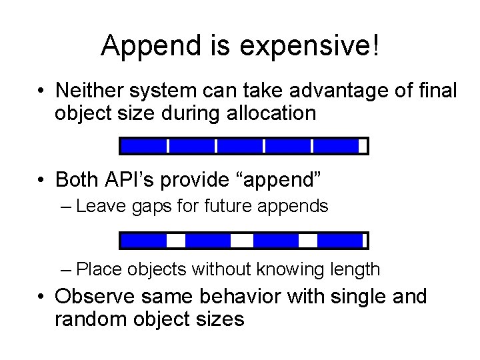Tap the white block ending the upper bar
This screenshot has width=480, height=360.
click(362, 146)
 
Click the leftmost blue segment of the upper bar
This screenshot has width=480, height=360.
click(143, 146)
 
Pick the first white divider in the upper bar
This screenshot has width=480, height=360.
click(167, 146)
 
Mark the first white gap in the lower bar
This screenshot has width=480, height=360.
click(175, 240)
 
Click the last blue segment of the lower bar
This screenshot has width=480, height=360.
click(339, 240)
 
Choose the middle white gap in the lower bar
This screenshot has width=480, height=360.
click(242, 240)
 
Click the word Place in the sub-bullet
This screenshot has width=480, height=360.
click(100, 270)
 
